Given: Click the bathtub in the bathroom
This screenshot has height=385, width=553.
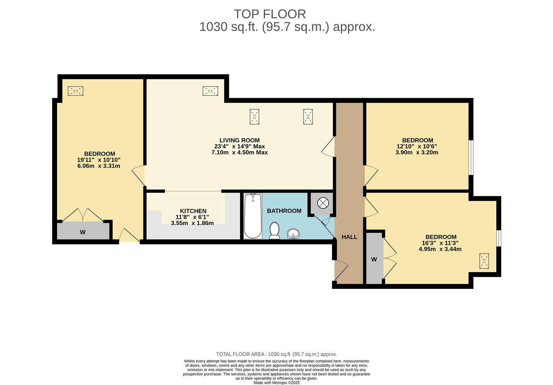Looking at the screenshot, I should click(x=253, y=216).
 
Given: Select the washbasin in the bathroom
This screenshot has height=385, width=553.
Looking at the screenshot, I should click(x=293, y=234).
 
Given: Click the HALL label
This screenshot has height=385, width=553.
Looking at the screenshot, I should click(x=349, y=237).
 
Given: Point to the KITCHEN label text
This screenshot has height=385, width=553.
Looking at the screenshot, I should click(x=193, y=211).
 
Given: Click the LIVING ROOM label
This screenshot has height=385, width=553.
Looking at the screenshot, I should click(x=239, y=140).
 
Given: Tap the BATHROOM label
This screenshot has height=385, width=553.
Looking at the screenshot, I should click(x=284, y=211).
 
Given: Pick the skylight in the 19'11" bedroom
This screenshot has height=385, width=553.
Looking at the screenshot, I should click(x=76, y=91).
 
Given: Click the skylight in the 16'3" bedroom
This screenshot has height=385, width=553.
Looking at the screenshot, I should click(x=484, y=261).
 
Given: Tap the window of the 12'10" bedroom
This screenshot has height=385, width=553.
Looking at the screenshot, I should click(x=471, y=157).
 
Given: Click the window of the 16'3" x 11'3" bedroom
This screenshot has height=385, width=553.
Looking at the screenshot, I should click(x=499, y=238).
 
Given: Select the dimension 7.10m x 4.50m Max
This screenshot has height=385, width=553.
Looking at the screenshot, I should click(x=239, y=153).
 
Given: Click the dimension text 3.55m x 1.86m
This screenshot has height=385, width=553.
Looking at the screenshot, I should click(x=192, y=223).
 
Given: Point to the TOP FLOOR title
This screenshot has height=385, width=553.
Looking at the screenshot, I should click(x=270, y=14).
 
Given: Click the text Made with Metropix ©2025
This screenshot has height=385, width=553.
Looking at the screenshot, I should click(x=276, y=383).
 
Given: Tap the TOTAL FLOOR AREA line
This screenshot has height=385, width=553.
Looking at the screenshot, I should click(x=276, y=354).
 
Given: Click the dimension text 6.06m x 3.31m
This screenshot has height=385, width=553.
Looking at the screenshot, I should click(x=99, y=166).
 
